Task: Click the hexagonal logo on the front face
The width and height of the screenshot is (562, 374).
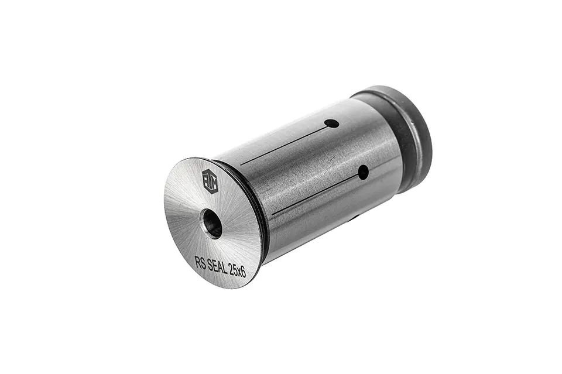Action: click(x=210, y=179)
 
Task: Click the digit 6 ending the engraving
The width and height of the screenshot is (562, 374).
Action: click(x=244, y=273)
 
